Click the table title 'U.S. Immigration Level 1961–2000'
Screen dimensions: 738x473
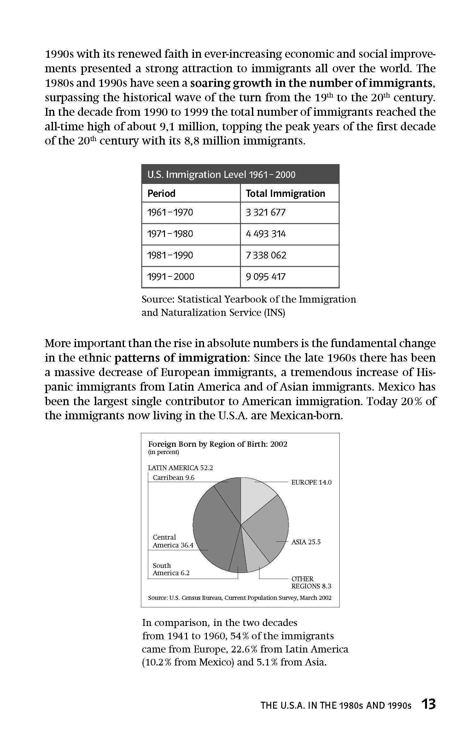point(221,174)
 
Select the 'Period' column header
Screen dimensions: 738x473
point(161,193)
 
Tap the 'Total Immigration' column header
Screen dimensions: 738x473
point(285,193)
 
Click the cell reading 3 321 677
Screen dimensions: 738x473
point(266,212)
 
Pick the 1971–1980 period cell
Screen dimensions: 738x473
point(170,234)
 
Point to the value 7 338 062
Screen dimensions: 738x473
point(266,255)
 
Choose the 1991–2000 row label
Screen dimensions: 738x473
point(171,277)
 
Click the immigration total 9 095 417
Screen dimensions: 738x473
point(266,277)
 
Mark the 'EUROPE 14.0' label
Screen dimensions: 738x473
point(311,482)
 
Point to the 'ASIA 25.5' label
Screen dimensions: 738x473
point(306,542)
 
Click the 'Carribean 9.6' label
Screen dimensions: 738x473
point(173,478)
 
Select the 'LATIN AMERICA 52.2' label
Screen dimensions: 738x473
point(180,468)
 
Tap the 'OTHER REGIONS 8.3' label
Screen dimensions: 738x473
point(311,582)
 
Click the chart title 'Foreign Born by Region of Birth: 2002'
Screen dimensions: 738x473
point(218,444)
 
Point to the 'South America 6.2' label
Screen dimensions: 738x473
point(171,569)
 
